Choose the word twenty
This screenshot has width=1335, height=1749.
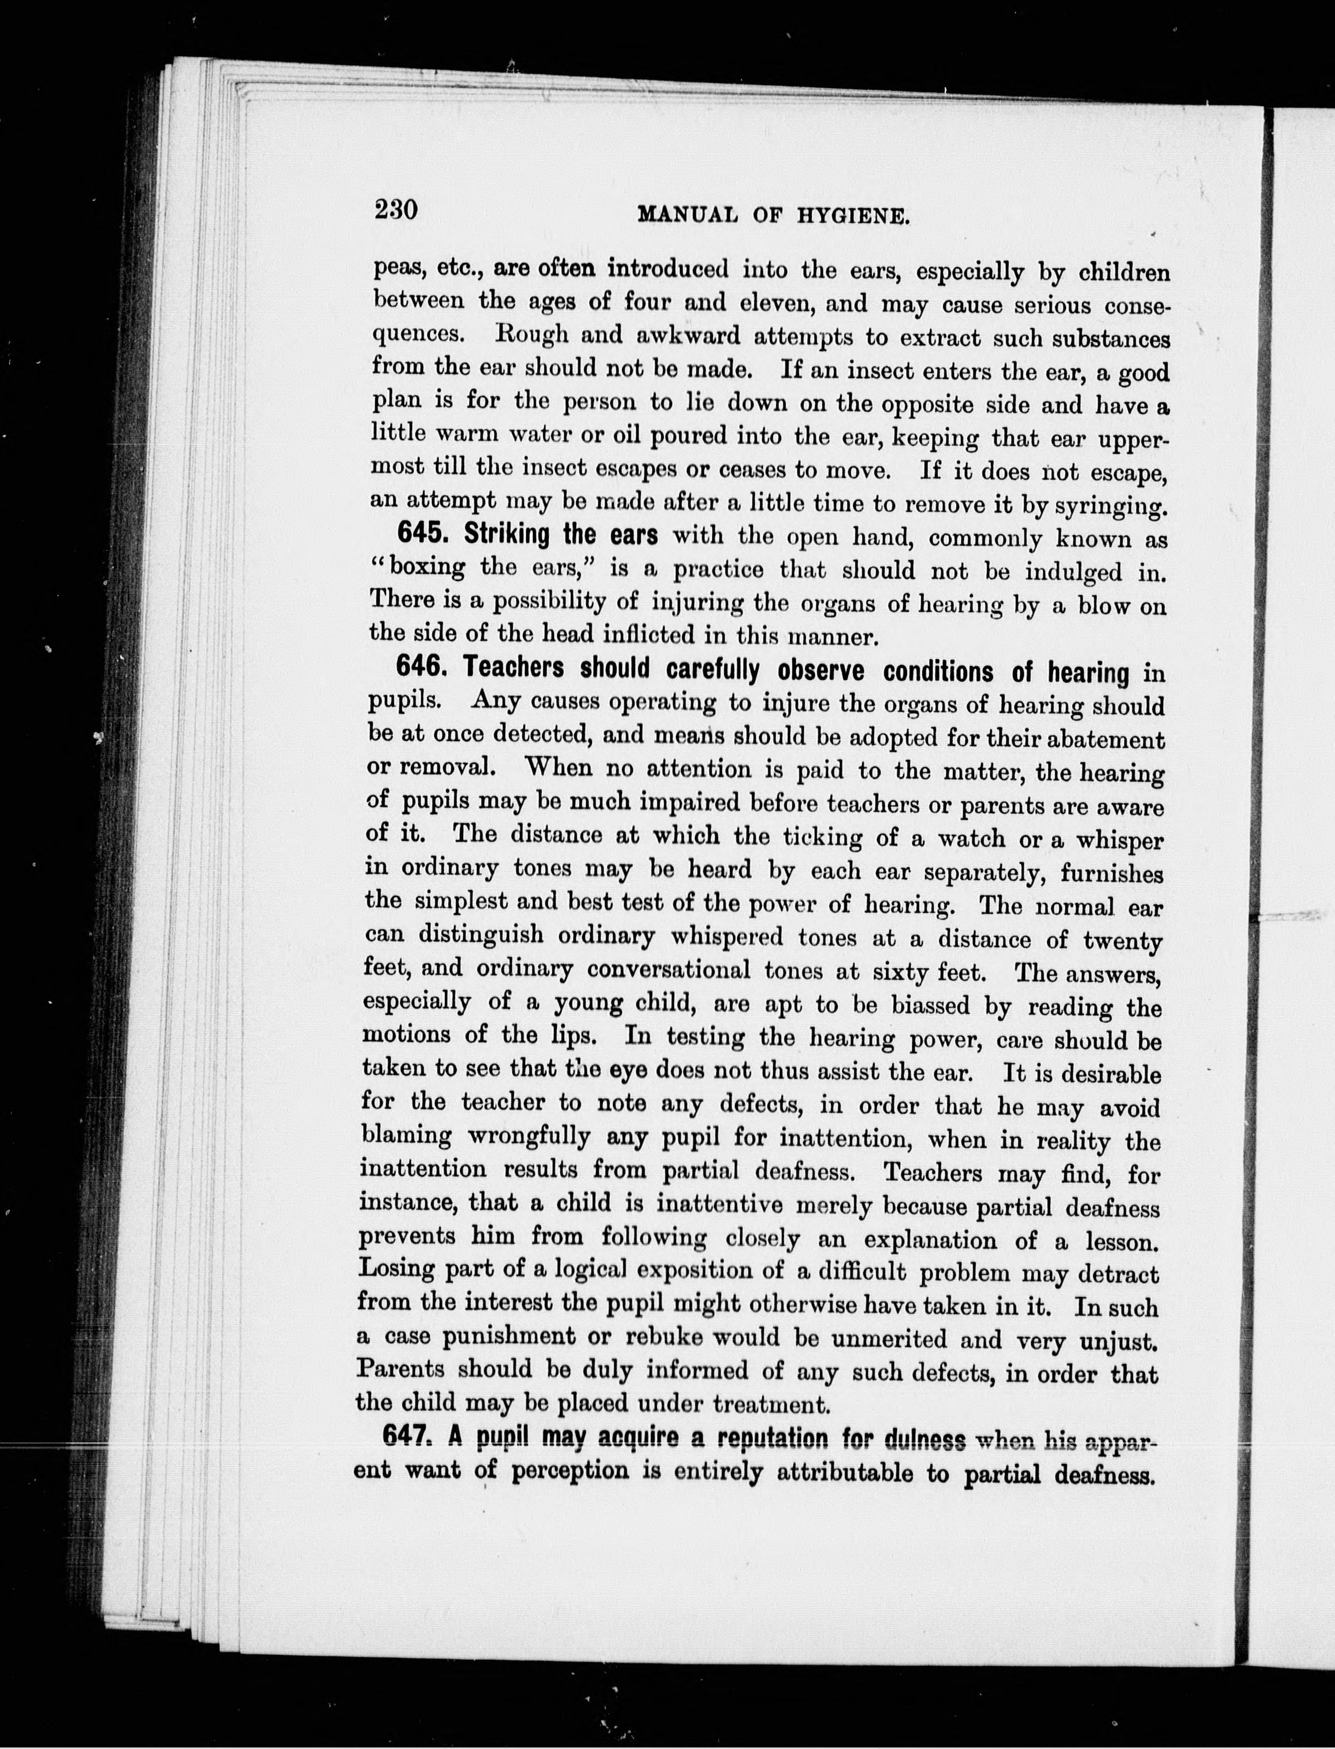(1122, 942)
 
